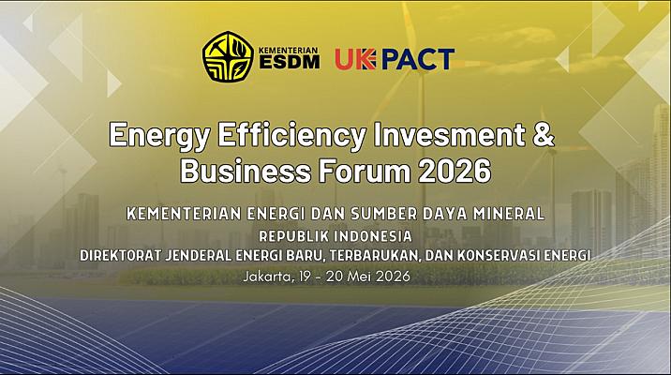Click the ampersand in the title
544,136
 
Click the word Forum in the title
358,172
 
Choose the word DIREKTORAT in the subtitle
129,254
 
